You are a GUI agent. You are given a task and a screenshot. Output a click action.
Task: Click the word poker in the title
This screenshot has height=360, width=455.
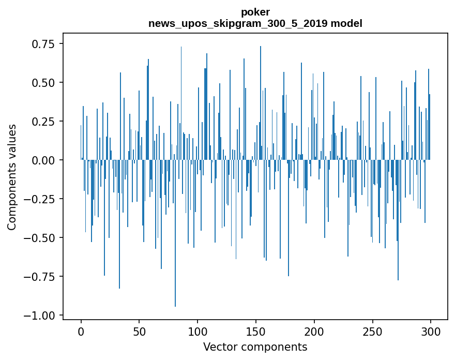click(x=255, y=12)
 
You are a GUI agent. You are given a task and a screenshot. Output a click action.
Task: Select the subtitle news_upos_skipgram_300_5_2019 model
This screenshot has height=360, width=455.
click(x=255, y=23)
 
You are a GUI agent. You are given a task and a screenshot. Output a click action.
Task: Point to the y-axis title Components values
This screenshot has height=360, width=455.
click(x=12, y=177)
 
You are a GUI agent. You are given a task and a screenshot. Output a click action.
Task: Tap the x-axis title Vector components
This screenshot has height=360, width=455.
click(x=255, y=347)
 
